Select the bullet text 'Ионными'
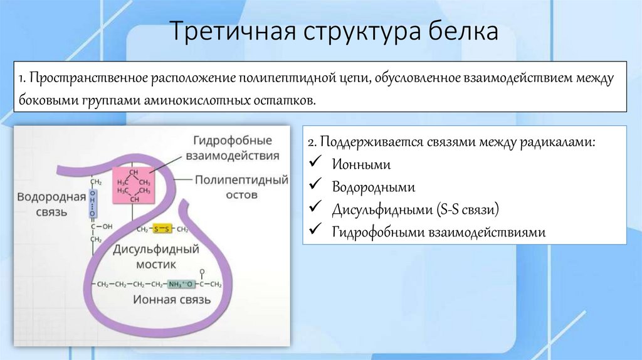[362, 165]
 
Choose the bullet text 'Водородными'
[374, 187]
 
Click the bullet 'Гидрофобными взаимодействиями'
[439, 232]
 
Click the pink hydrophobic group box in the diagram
[132, 186]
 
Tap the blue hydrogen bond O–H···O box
[93, 204]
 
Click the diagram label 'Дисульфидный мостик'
[156, 257]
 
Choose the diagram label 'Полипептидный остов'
[241, 187]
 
